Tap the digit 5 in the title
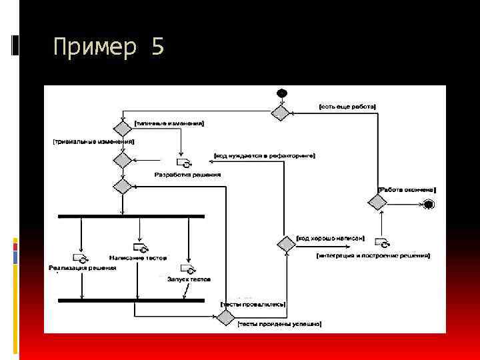click(157, 48)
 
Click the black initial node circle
click(282, 93)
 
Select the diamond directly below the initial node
click(281, 113)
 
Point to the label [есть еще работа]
click(347, 106)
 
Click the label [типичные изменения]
click(169, 123)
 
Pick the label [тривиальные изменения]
click(94, 142)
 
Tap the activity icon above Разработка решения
click(183, 162)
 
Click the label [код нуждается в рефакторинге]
click(265, 155)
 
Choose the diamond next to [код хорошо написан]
click(287, 244)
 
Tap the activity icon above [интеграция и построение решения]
click(382, 243)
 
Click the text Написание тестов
click(139, 257)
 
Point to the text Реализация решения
click(83, 268)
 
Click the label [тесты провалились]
click(253, 304)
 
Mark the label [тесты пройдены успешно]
click(279, 323)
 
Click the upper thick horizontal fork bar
click(131, 216)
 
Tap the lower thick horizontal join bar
click(131, 300)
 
